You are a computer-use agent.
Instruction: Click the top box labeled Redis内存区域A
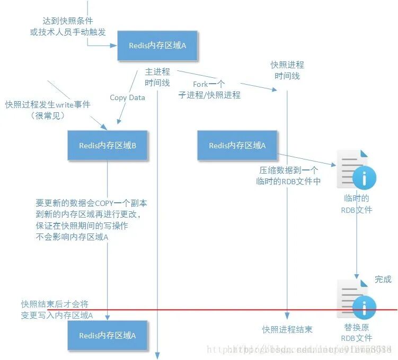click(157, 46)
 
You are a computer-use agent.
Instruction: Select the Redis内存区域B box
click(108, 146)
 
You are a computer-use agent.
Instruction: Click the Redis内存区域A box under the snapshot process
click(237, 146)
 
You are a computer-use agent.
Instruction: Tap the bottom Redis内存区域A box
click(108, 335)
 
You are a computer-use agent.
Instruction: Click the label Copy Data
click(127, 97)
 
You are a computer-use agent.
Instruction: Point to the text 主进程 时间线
click(157, 77)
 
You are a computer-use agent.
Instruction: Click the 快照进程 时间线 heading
click(287, 70)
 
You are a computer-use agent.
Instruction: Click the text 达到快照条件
click(67, 21)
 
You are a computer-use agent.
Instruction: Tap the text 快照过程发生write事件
click(48, 105)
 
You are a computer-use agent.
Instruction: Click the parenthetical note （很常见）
click(47, 115)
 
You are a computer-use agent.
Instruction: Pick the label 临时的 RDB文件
click(356, 204)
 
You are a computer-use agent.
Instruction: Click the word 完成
click(383, 279)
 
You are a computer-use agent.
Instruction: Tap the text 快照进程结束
click(287, 329)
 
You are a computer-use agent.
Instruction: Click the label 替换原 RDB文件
click(356, 332)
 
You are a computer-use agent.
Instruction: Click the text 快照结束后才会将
click(55, 304)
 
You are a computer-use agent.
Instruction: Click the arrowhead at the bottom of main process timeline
click(157, 355)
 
